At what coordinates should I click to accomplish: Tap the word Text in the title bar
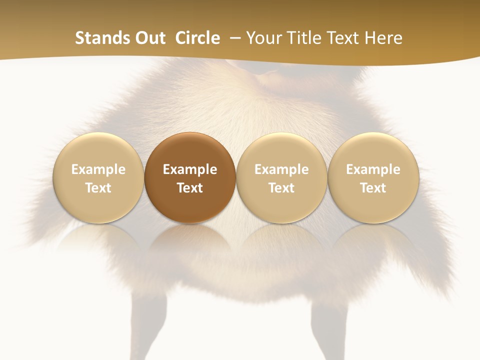click(345, 38)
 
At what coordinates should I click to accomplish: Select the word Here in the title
click(383, 38)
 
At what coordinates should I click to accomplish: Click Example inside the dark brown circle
click(190, 169)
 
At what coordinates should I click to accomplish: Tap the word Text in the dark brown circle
click(190, 188)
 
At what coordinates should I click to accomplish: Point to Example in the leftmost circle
click(98, 169)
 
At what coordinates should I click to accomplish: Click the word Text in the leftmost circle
click(98, 188)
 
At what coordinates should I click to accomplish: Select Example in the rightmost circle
click(373, 169)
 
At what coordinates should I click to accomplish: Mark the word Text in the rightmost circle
click(373, 188)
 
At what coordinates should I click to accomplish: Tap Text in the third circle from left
click(281, 188)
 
